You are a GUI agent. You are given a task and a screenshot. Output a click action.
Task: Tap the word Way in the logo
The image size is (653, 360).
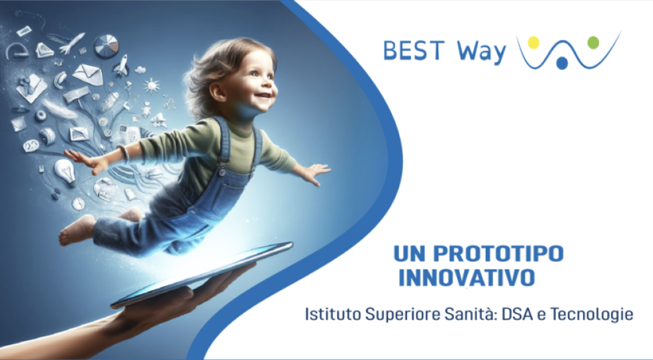481,52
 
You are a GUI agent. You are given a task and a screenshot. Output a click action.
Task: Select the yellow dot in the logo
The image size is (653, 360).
534,43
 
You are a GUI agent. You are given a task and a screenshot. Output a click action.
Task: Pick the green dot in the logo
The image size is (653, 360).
593,43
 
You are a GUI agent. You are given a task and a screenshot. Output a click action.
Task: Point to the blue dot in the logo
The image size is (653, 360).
562,63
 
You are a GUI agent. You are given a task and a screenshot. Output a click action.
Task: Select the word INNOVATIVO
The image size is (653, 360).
467,278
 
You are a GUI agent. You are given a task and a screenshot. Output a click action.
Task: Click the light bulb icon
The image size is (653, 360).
65,172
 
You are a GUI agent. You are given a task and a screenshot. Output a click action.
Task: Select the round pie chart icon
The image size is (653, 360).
106,46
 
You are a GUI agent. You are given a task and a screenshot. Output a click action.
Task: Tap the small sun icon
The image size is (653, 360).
151,85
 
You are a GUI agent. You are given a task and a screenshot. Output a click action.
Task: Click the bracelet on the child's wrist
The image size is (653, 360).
123,154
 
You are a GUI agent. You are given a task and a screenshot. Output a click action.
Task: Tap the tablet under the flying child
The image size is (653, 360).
203,275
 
